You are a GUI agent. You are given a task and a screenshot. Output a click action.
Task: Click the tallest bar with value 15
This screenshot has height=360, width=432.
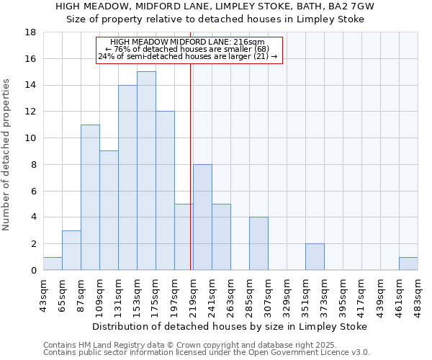point(146,171)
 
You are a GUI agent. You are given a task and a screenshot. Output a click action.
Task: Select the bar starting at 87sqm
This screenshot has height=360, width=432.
point(90,197)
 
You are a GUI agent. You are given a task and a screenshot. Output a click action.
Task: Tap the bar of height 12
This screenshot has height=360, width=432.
point(165,191)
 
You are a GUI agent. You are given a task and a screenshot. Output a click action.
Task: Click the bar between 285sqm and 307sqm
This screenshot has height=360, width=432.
point(258,243)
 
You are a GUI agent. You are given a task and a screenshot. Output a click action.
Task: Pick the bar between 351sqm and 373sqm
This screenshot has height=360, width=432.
point(315,257)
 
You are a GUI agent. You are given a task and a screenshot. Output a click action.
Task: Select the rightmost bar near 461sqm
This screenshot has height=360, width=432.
point(408,264)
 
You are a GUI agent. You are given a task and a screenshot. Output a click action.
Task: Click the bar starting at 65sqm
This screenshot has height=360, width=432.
point(71,250)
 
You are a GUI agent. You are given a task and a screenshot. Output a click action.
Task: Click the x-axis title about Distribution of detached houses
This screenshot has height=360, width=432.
point(230,326)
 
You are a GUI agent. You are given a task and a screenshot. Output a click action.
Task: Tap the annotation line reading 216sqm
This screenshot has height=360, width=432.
point(188,42)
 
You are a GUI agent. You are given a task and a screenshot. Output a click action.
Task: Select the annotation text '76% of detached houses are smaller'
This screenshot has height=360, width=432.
point(186,50)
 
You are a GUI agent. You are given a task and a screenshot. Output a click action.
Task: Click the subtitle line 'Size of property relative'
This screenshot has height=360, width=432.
point(215,19)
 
